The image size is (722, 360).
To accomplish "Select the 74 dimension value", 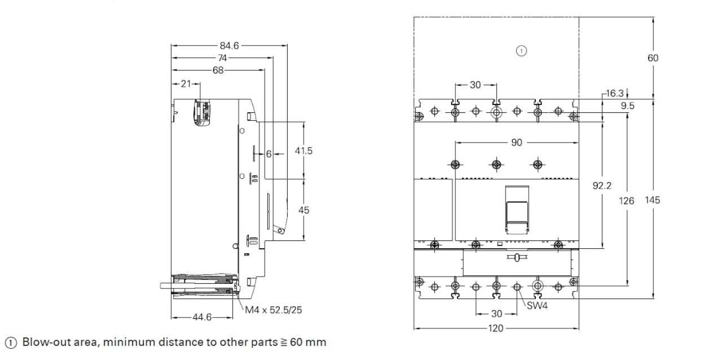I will (222, 58).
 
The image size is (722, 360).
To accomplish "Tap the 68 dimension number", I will (218, 71).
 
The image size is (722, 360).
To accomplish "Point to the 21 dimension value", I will (186, 84).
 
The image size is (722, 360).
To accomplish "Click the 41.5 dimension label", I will (303, 151).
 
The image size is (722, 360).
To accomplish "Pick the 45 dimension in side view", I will (303, 210).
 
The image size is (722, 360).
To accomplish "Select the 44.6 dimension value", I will (202, 317).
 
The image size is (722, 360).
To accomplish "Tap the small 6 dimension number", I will (269, 154).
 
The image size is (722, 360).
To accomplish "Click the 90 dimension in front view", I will (517, 143).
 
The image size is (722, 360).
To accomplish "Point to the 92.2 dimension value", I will (602, 185).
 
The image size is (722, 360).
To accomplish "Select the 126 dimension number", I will (627, 200).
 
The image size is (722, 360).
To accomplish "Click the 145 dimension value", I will (653, 200).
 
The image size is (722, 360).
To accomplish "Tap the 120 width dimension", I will (495, 328).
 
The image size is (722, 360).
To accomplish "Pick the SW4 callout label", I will (537, 306).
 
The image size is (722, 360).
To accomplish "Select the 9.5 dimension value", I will (627, 106).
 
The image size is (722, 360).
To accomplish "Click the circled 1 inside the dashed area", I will (521, 51).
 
